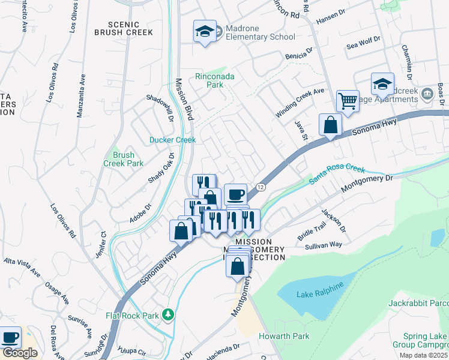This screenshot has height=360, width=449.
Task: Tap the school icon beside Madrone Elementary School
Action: [204, 31]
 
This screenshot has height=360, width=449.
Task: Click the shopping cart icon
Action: [347, 101]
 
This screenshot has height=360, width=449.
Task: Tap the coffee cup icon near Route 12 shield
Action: [237, 194]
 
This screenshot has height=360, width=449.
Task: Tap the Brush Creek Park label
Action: [123, 158]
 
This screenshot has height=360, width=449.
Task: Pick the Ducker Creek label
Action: [173, 140]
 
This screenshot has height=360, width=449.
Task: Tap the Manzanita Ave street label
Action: [82, 94]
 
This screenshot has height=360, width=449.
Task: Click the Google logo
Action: [19, 353]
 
